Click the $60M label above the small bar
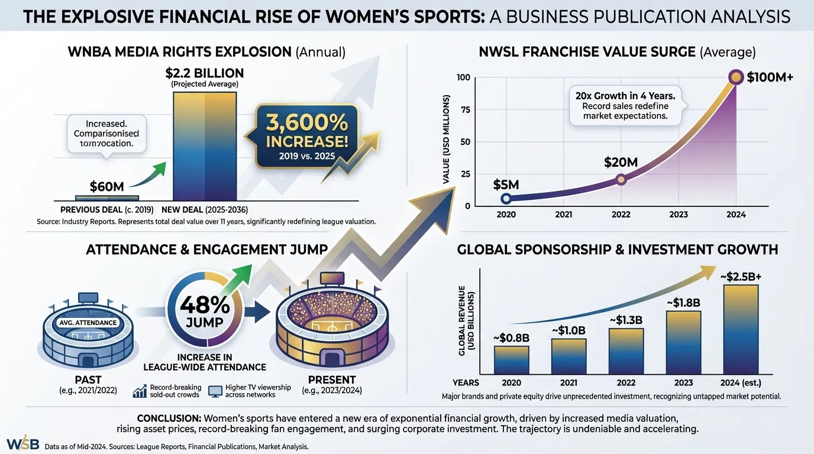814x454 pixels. (106, 186)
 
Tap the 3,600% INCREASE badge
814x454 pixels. (307, 135)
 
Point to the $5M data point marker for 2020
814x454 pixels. (505, 199)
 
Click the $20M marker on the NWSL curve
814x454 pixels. (620, 180)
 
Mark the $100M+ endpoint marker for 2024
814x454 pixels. (736, 77)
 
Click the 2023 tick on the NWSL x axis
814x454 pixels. (678, 215)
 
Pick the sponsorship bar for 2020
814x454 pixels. (512, 360)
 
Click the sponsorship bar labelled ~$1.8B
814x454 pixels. (684, 342)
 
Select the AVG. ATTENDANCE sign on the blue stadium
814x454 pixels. (88, 322)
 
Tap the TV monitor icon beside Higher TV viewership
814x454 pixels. (215, 391)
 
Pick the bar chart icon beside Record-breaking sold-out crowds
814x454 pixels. (140, 391)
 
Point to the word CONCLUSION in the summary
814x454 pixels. (170, 417)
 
